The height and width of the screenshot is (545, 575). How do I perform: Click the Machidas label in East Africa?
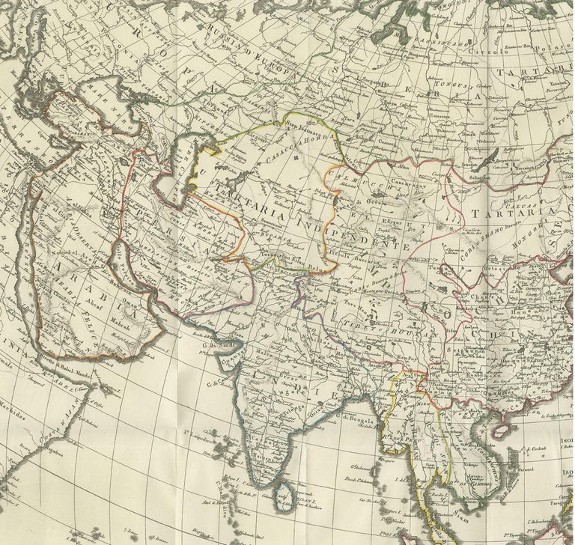click(13, 395)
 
